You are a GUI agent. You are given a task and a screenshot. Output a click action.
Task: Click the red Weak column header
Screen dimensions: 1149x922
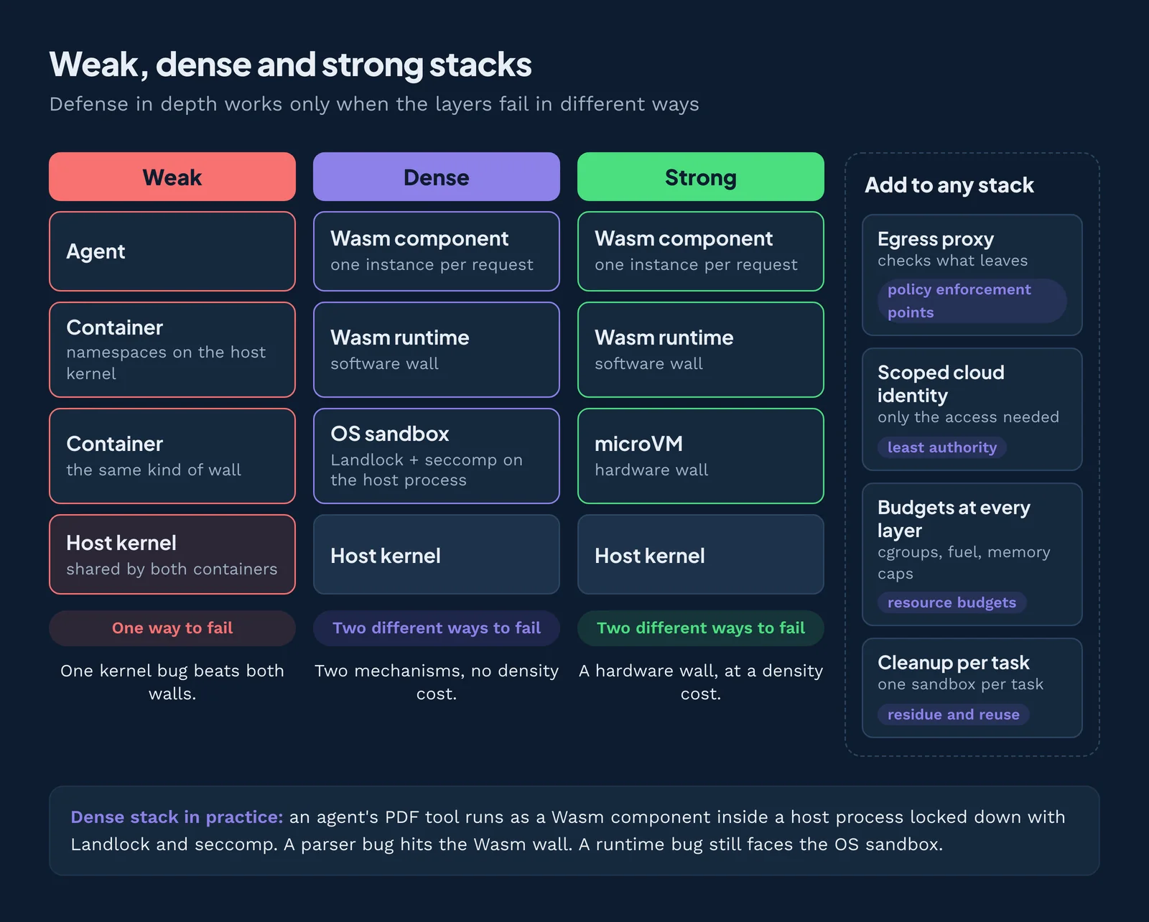point(172,177)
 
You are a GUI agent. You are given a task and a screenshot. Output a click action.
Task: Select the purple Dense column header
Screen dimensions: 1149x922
point(436,177)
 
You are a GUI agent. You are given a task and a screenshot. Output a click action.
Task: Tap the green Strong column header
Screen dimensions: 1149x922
point(700,177)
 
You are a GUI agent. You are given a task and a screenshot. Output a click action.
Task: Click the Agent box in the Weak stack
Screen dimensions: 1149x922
point(172,251)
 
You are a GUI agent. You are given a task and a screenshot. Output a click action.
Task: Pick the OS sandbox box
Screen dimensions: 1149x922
point(436,456)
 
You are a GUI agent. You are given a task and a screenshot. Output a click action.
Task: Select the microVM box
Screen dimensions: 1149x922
point(700,456)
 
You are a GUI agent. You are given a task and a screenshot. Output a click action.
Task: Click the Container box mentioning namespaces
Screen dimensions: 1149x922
point(172,350)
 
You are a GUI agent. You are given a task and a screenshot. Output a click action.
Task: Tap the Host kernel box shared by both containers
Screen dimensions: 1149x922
point(172,554)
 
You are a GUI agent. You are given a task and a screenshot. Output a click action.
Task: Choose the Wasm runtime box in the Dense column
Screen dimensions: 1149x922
point(436,350)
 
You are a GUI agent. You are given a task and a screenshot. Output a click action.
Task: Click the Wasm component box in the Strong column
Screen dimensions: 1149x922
point(700,251)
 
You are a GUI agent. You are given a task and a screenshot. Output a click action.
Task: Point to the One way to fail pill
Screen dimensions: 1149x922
point(172,628)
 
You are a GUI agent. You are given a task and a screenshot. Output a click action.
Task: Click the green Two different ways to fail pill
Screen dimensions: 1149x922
point(700,628)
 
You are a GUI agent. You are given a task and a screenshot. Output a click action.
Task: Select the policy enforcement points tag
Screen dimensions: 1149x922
point(972,301)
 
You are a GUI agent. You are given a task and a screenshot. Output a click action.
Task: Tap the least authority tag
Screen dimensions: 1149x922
point(942,447)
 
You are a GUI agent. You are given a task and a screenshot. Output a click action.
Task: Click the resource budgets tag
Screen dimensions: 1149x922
point(952,602)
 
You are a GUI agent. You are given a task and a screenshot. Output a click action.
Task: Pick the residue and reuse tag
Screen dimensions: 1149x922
point(954,715)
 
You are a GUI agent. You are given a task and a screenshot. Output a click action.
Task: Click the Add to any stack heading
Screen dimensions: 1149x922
point(949,185)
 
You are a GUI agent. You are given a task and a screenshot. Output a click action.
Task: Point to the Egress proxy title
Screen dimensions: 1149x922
point(936,239)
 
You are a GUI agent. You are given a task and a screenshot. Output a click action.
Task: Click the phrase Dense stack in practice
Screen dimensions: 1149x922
point(177,817)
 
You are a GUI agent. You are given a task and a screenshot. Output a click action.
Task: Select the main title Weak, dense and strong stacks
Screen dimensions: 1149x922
point(290,65)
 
